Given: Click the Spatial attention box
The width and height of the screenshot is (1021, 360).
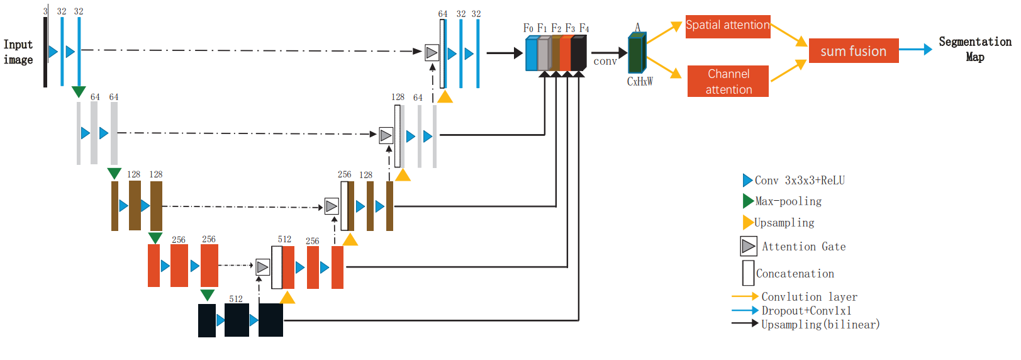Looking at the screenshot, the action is [728, 26].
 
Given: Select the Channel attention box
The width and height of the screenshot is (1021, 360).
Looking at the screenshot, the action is [728, 81].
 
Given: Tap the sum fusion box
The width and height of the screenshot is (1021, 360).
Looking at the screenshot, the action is [854, 50].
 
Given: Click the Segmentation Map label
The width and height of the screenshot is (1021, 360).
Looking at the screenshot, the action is [975, 49].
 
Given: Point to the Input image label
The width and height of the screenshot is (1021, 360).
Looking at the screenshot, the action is [18, 52].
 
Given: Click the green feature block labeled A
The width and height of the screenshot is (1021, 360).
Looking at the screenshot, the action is [637, 53].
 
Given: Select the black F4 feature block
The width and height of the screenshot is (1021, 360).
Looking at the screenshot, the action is [578, 53].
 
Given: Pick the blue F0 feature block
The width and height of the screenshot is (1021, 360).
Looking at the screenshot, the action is [532, 54].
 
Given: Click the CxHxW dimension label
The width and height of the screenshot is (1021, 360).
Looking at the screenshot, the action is [640, 82].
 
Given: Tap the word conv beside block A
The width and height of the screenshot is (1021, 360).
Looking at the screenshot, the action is [605, 62].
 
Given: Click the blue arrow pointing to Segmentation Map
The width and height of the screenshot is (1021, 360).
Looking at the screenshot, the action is [916, 49].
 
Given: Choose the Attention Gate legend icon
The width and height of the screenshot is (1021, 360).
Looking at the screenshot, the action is [749, 246].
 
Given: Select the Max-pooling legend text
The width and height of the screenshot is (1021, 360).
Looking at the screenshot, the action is [788, 201].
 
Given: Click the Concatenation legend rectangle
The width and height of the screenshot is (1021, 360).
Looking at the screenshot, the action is [748, 273].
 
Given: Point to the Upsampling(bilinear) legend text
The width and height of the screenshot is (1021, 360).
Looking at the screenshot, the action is [820, 324].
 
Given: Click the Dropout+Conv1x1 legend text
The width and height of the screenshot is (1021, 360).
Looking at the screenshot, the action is [806, 311].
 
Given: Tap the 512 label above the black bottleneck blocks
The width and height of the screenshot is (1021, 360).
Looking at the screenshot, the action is [236, 299].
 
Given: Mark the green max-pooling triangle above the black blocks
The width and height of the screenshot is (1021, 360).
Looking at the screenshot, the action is [208, 295].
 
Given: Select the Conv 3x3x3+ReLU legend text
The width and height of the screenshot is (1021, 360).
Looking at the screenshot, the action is [800, 180].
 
